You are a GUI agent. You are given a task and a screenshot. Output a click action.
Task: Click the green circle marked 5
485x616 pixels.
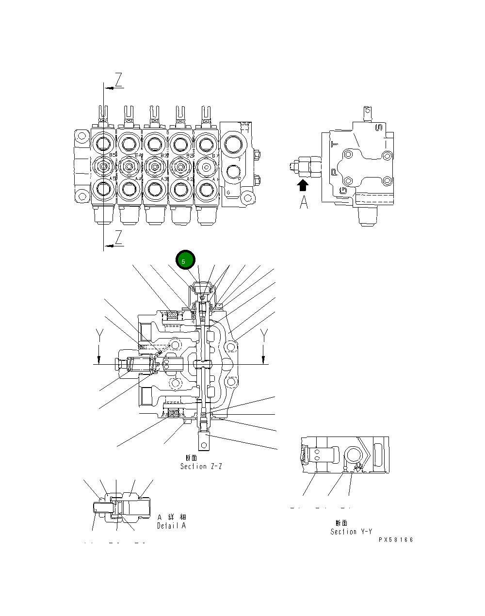pos(185,260)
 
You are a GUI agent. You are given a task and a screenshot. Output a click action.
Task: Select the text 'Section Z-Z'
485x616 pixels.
pos(201,467)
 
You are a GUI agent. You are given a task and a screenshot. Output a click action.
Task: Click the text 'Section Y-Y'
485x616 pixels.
pos(351,532)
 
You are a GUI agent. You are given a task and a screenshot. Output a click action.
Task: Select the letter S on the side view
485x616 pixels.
pos(379,127)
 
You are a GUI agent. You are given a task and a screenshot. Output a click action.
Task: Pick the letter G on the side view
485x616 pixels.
pos(343,191)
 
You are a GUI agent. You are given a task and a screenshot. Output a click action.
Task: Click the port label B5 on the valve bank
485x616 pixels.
pos(112,155)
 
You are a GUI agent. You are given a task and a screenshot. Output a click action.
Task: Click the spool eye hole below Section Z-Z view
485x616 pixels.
pos(203,442)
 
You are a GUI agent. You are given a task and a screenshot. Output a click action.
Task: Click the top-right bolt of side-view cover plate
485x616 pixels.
pos(386,156)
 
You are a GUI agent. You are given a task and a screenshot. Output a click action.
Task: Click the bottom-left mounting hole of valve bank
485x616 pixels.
pos(79,196)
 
